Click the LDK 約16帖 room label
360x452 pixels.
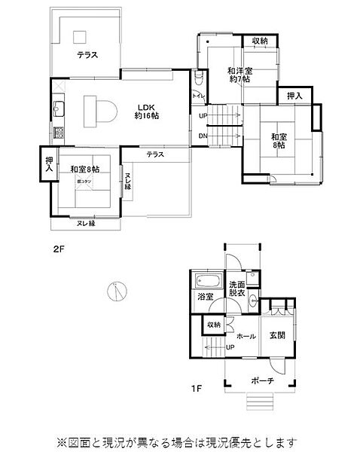tap(146, 111)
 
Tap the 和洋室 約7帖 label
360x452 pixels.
tap(239, 75)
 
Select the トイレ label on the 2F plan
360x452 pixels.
tap(198, 96)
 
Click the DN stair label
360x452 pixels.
tap(203, 136)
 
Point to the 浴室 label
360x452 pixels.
tap(206, 297)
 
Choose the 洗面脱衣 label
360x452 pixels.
tap(237, 289)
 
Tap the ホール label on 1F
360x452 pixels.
tap(246, 335)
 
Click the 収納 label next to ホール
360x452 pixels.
tap(214, 325)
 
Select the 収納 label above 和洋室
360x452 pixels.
tap(260, 41)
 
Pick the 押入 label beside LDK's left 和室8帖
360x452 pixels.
tap(50, 164)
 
